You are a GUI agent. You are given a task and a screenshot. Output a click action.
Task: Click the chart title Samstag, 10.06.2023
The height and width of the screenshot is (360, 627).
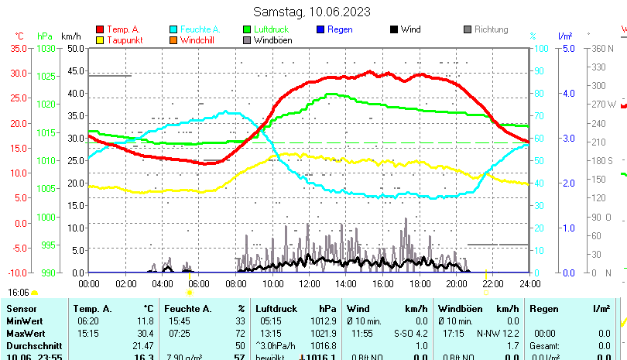(x=312, y=12)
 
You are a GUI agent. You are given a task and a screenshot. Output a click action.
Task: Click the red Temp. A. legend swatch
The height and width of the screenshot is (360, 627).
(x=101, y=30)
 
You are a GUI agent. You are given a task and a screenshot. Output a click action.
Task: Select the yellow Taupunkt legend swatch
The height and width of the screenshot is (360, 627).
(x=101, y=40)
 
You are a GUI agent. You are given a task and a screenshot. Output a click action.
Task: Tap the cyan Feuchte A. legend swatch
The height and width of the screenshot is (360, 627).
(x=175, y=30)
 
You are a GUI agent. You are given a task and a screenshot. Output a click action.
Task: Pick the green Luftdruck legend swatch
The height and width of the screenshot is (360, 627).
(x=248, y=30)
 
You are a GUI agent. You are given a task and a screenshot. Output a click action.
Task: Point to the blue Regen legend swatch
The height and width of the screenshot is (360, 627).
(x=321, y=30)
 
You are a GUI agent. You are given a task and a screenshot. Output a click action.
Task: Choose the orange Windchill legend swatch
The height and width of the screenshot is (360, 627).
(x=175, y=40)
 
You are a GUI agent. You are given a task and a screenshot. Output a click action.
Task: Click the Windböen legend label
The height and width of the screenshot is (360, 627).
(x=273, y=40)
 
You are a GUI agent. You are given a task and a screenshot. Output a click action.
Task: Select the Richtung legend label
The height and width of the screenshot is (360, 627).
(x=492, y=30)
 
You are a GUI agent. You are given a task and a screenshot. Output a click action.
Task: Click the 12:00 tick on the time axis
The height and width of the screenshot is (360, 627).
(x=310, y=284)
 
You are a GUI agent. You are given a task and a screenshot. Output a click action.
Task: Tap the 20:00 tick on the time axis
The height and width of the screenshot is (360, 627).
(x=457, y=284)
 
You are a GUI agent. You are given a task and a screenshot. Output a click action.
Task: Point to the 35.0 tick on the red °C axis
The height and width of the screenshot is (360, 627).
(x=18, y=48)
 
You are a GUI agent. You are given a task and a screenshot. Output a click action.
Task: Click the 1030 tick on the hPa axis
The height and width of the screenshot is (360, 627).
(x=46, y=48)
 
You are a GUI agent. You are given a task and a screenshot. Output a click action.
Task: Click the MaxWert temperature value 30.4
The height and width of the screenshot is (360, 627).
(x=145, y=333)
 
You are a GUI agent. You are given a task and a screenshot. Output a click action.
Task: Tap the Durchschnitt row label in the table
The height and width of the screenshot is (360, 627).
(x=31, y=345)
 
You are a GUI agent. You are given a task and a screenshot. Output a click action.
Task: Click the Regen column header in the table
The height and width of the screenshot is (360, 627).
(x=543, y=309)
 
